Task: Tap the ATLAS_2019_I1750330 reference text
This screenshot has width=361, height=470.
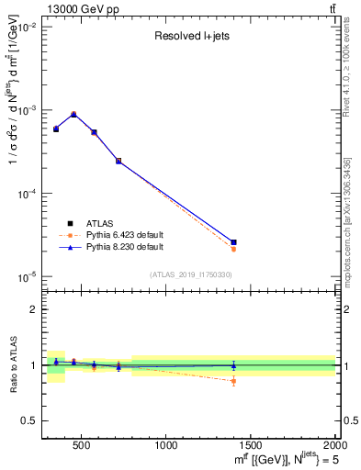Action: tap(191, 274)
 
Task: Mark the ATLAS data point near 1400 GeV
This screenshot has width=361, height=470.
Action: tap(233, 242)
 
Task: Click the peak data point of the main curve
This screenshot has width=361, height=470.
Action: tap(73, 115)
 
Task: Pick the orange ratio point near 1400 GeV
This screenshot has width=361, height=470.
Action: tap(233, 381)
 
